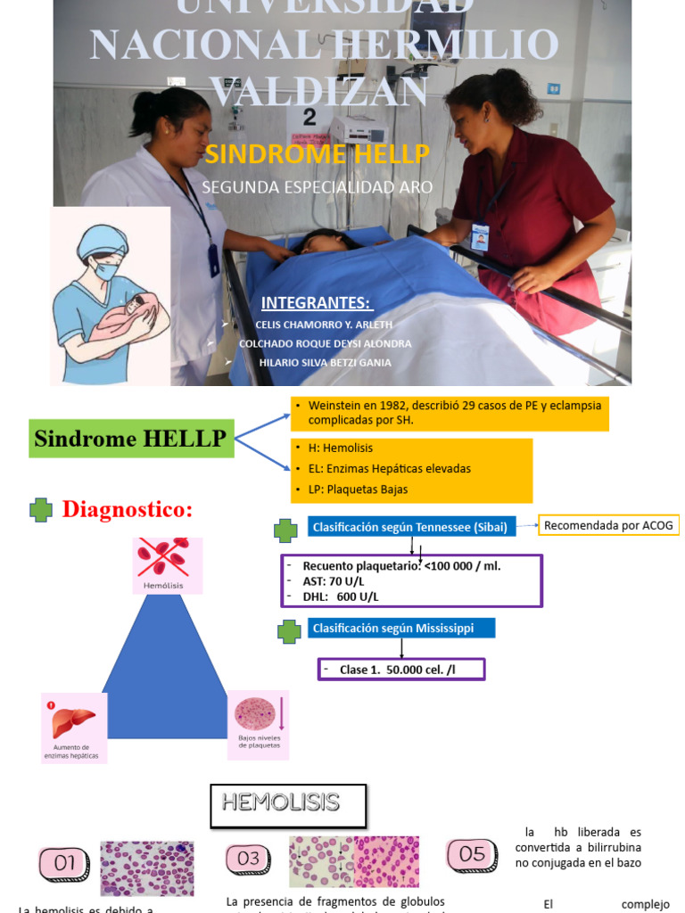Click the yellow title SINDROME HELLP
[x=318, y=154]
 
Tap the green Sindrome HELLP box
[x=131, y=439]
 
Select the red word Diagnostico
[x=127, y=510]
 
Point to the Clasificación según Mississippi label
[x=392, y=629]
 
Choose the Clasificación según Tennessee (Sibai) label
[x=409, y=527]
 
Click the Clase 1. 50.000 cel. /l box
[x=401, y=670]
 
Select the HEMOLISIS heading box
[x=288, y=803]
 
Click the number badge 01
[x=65, y=863]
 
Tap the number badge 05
[x=472, y=854]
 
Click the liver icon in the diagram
[x=73, y=722]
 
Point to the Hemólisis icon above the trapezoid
[x=168, y=560]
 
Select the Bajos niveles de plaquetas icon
[x=258, y=719]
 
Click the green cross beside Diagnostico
[x=41, y=510]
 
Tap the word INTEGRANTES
[x=316, y=303]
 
